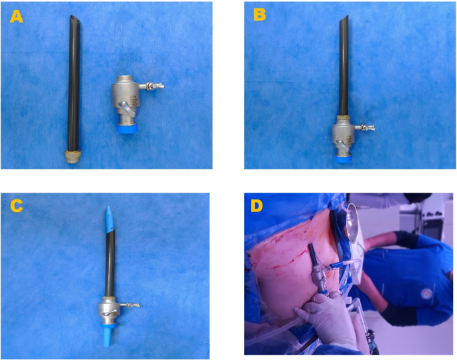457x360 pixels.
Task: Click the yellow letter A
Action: [16, 16]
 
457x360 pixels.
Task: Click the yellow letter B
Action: [260, 14]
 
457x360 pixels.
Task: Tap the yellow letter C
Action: [16, 205]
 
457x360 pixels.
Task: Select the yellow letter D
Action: [256, 205]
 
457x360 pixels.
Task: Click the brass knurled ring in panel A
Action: [72, 156]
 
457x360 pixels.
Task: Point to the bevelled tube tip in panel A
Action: [75, 21]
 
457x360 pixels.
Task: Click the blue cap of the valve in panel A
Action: [127, 129]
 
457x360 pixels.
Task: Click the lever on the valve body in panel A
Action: [127, 108]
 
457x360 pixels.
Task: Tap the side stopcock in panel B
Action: [364, 127]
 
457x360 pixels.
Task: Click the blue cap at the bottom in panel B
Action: [343, 159]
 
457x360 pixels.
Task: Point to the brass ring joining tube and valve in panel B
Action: [344, 117]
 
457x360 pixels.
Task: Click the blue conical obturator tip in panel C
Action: [109, 217]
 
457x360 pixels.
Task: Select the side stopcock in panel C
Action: [129, 305]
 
